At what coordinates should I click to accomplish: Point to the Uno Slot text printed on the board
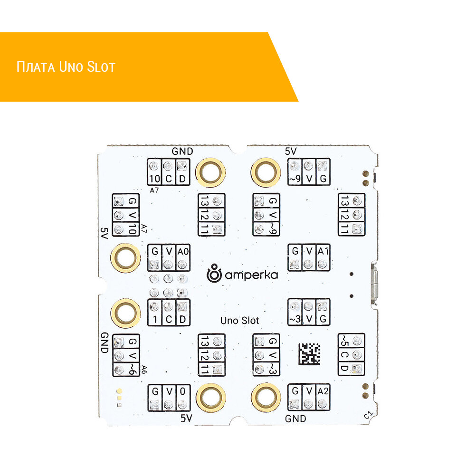pyautogui.click(x=239, y=321)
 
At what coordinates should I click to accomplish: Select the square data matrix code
pyautogui.click(x=310, y=354)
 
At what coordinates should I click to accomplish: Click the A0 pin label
pyautogui.click(x=183, y=251)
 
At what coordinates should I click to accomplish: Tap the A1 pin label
pyautogui.click(x=323, y=251)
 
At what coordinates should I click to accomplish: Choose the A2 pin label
pyautogui.click(x=323, y=391)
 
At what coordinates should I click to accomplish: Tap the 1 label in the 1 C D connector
pyautogui.click(x=154, y=320)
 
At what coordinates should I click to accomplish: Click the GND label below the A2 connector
pyautogui.click(x=295, y=419)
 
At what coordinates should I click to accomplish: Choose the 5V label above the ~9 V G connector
pyautogui.click(x=291, y=152)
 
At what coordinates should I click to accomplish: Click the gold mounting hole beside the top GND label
pyautogui.click(x=210, y=171)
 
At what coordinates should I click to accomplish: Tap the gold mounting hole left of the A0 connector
pyautogui.click(x=125, y=259)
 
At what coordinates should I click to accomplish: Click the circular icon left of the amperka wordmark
pyautogui.click(x=215, y=273)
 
